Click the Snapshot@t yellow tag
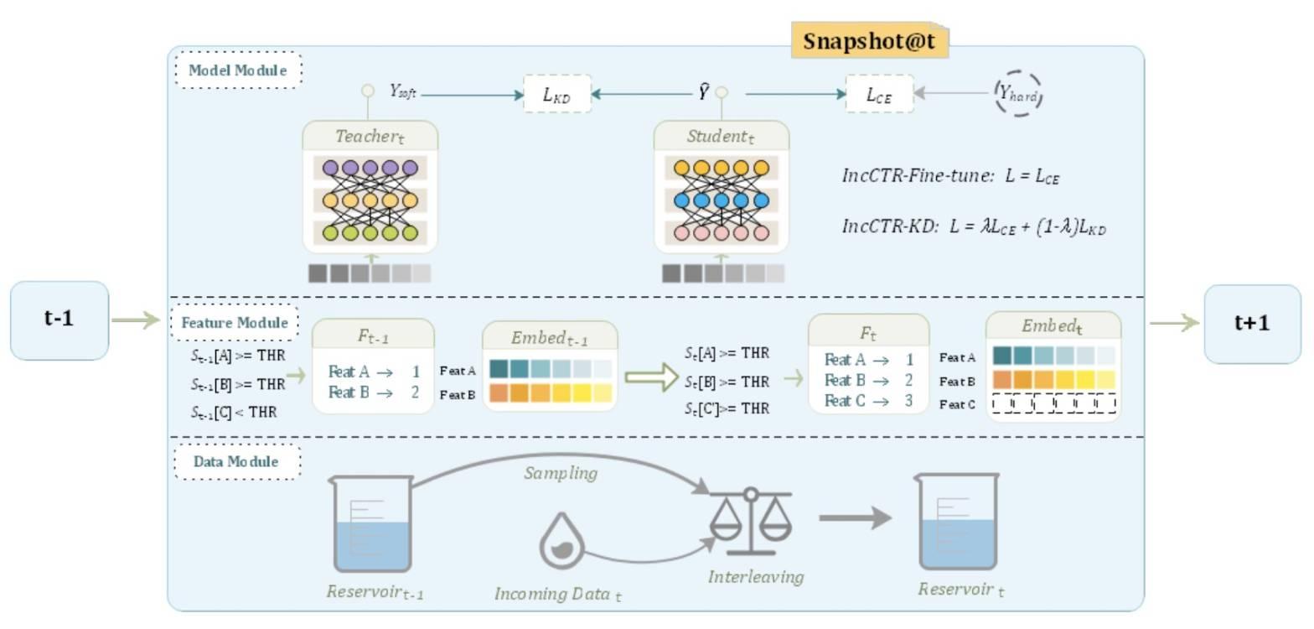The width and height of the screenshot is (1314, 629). pyautogui.click(x=869, y=40)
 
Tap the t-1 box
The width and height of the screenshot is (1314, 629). pyautogui.click(x=59, y=320)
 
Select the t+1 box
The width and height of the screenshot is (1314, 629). pyautogui.click(x=1252, y=324)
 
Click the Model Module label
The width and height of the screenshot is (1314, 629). pyautogui.click(x=238, y=70)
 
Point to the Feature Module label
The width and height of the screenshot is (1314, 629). pyautogui.click(x=235, y=322)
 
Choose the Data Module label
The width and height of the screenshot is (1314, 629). pyautogui.click(x=237, y=461)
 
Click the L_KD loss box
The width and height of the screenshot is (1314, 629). pyautogui.click(x=556, y=94)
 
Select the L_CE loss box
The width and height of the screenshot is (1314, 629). pyautogui.click(x=879, y=94)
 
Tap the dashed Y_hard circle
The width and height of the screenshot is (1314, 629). pyautogui.click(x=1018, y=93)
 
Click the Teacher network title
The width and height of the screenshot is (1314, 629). pyautogui.click(x=370, y=136)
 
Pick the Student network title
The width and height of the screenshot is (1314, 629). pyautogui.click(x=721, y=136)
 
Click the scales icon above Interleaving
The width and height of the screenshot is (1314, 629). pyautogui.click(x=752, y=521)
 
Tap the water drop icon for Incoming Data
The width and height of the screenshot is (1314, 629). pyautogui.click(x=561, y=541)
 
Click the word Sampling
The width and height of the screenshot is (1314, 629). pyautogui.click(x=561, y=473)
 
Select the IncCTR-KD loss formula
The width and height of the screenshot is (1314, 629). pyautogui.click(x=974, y=226)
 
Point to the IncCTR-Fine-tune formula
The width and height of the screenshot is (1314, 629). pyautogui.click(x=951, y=175)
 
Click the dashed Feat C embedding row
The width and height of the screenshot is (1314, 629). pyautogui.click(x=1053, y=403)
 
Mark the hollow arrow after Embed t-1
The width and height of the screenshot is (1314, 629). pyautogui.click(x=651, y=377)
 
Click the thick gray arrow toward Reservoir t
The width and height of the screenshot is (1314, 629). pyautogui.click(x=856, y=518)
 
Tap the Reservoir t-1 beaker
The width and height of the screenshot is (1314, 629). pyautogui.click(x=372, y=524)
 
